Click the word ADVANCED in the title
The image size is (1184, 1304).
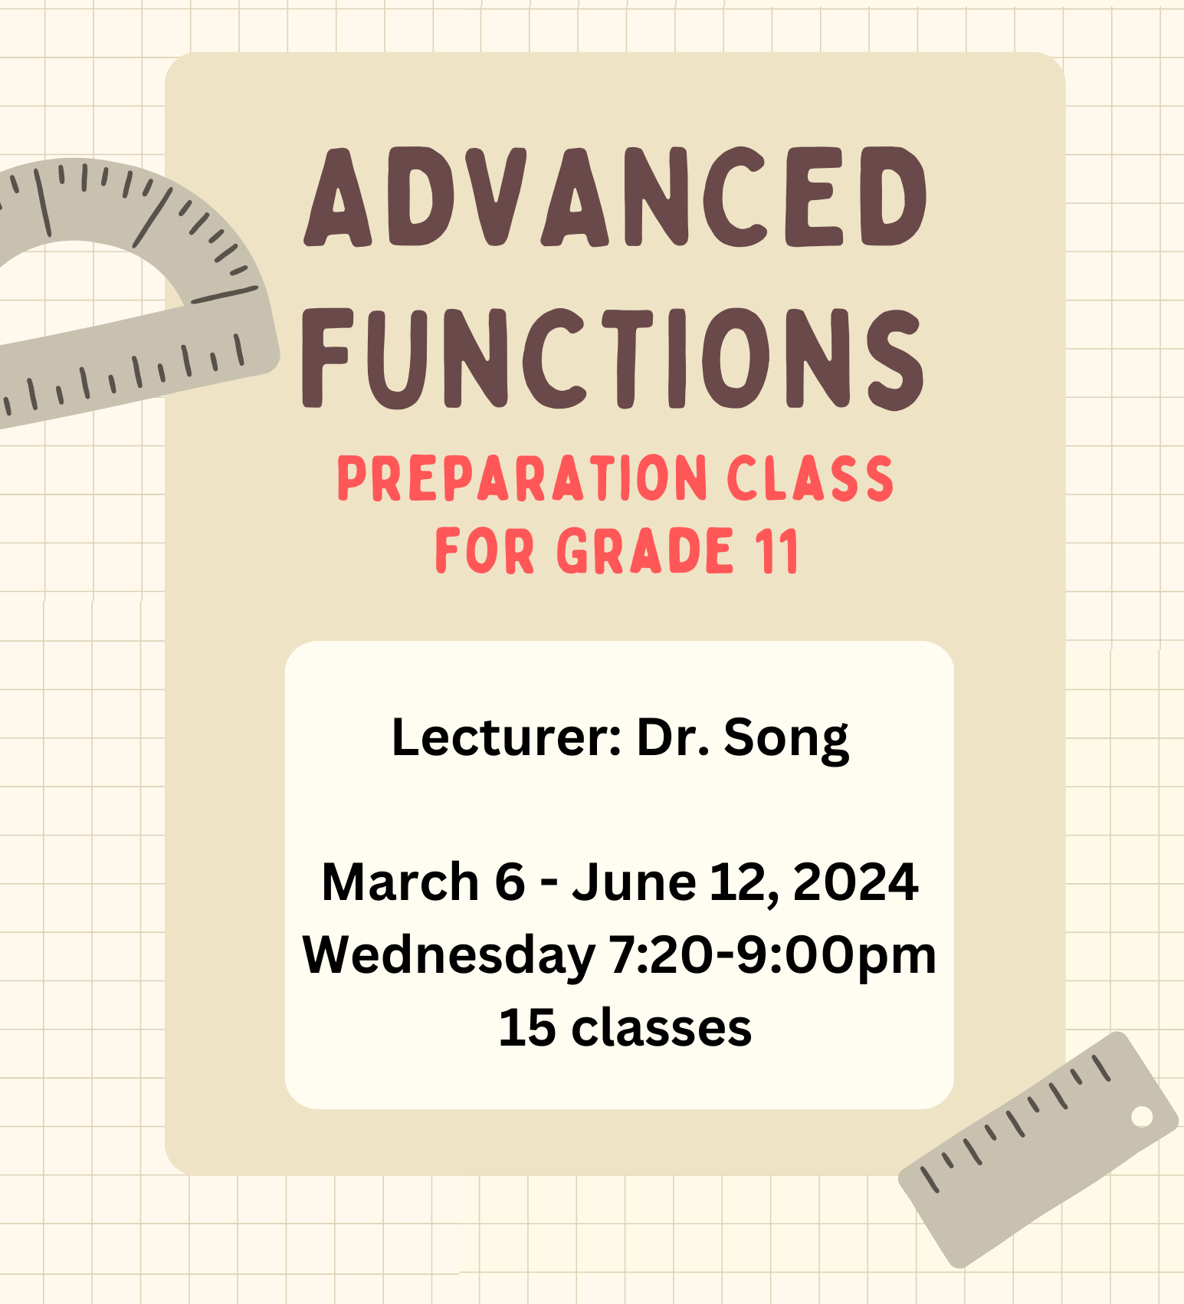click(615, 197)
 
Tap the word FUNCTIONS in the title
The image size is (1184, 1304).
click(612, 359)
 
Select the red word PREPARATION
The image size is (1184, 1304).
click(523, 478)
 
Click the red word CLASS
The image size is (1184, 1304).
click(810, 478)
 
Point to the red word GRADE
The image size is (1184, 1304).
click(644, 550)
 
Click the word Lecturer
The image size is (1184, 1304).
click(506, 737)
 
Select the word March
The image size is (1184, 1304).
click(401, 882)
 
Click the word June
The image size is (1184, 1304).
click(634, 882)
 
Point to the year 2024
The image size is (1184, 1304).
click(855, 882)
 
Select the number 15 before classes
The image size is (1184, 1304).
click(526, 1027)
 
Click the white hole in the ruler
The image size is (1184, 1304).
click(1142, 1116)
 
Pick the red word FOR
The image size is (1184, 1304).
click(484, 550)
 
